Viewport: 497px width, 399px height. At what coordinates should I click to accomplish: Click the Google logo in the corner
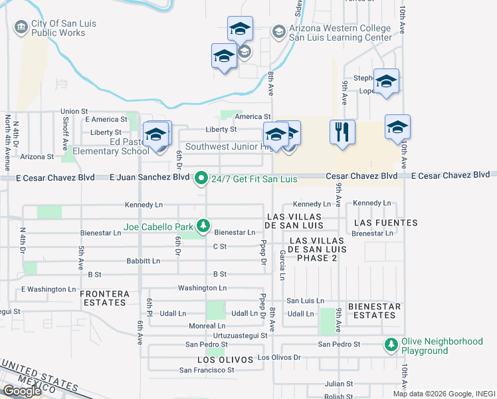coord(22,391)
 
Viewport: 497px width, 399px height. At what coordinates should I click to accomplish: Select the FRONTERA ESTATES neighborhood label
coord(104,297)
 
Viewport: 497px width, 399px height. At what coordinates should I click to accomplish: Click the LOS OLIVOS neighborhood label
coord(225,360)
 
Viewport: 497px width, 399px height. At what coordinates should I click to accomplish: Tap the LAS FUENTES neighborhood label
coord(385,223)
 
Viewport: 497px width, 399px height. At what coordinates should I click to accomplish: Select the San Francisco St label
coord(207,370)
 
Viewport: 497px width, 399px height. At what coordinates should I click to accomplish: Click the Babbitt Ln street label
coord(143,261)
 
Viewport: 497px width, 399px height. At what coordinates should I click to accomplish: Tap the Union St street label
coord(74,111)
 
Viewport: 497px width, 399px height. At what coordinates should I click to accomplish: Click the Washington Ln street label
coord(202,288)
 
